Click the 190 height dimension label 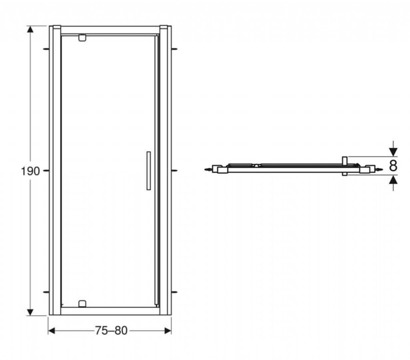pos(30,171)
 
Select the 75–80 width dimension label pos(111,330)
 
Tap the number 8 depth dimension pos(393,166)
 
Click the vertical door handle pos(149,170)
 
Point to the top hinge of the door pos(82,38)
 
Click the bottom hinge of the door pos(82,304)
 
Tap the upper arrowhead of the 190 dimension pos(30,29)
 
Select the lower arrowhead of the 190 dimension pos(30,312)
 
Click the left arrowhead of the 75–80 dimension pos(52,331)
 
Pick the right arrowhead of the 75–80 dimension pos(168,331)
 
